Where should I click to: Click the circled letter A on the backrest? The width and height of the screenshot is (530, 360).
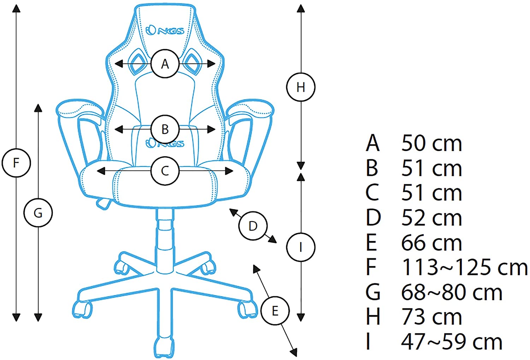pos(165,64)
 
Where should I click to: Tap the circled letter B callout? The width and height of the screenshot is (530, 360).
pos(165,129)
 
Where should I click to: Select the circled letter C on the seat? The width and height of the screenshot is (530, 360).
pos(165,171)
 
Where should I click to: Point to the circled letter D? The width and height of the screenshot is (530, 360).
pos(253,226)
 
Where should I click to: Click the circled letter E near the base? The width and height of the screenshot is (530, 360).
pos(275,311)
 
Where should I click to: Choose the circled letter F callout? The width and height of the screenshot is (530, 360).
pos(16,163)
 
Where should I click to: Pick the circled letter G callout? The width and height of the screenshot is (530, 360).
pos(38,213)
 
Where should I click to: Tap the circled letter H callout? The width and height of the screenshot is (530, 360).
pos(301,87)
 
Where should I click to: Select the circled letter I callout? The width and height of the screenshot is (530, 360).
pos(301,247)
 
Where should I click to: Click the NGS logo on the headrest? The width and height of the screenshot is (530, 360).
pos(165,30)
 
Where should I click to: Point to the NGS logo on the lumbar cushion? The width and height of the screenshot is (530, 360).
pos(165,143)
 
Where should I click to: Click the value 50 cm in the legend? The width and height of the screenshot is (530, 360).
pos(431,143)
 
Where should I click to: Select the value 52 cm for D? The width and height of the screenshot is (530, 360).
pos(431,218)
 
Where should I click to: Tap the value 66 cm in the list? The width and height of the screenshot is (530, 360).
pos(431,243)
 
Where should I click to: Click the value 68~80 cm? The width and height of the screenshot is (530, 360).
pos(452,292)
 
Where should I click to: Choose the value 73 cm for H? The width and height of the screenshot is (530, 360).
pos(431,317)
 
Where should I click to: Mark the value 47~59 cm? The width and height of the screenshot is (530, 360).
pos(452,342)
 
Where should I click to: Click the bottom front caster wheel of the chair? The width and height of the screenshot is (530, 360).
pos(164,348)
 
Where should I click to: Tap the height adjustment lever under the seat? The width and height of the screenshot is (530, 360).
pos(103,203)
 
